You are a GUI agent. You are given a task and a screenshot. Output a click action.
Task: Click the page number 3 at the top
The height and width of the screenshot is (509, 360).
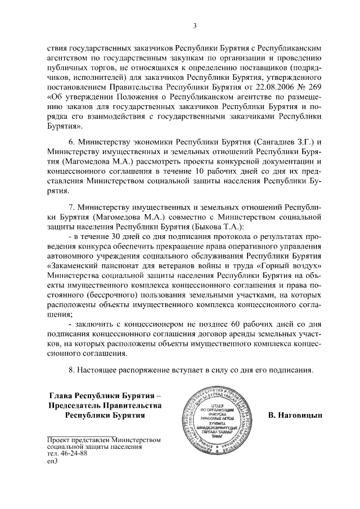tap(194, 25)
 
